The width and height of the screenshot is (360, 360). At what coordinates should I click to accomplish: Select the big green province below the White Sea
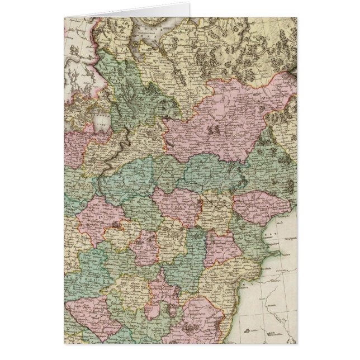(x=126, y=84)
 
